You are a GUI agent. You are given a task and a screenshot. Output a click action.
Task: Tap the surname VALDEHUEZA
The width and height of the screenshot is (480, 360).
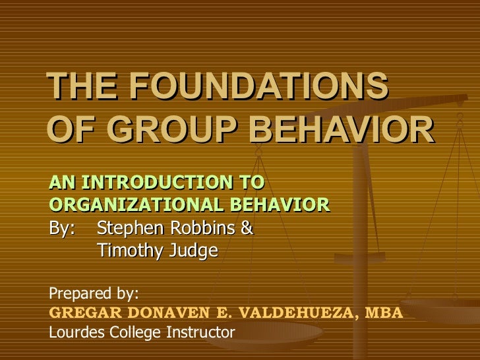(293, 312)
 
